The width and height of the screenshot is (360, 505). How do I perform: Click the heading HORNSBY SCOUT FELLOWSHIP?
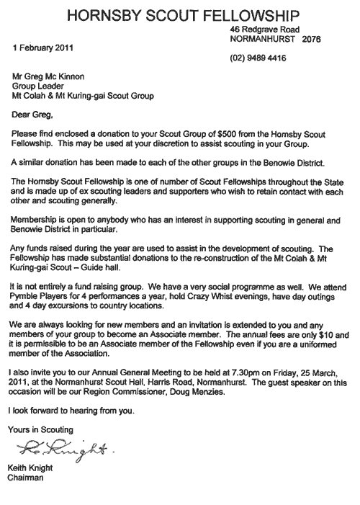[181, 14]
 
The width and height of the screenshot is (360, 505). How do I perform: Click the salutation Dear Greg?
[31, 113]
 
